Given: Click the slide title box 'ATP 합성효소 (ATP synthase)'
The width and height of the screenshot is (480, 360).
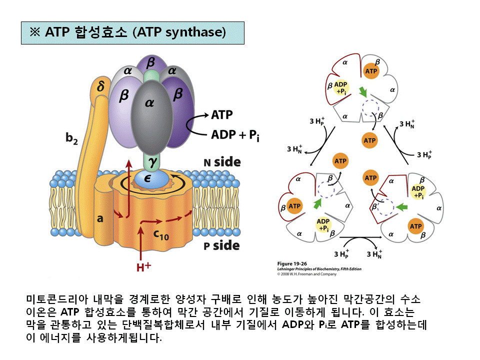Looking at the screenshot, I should point(132,32).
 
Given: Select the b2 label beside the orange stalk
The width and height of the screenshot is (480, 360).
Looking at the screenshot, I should point(72,139).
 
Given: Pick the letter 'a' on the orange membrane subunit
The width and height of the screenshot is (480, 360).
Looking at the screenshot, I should point(100,218).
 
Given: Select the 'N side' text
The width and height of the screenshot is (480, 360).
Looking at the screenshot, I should point(221,162).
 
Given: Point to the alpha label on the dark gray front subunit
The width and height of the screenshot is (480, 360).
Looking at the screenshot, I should point(150,103).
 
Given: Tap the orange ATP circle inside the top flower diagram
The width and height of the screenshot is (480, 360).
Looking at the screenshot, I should point(371,71).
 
